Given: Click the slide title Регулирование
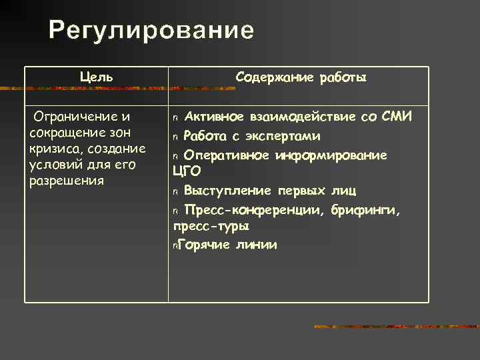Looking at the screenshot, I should tap(151, 31).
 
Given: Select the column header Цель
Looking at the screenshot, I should tap(96, 77).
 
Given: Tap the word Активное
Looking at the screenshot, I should tap(213, 118).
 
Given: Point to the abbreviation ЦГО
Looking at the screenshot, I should tap(187, 172).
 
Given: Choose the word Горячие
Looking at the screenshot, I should tap(204, 245).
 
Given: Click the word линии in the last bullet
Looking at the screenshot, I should tap(255, 245).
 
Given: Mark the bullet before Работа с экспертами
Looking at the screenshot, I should tap(176, 137).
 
